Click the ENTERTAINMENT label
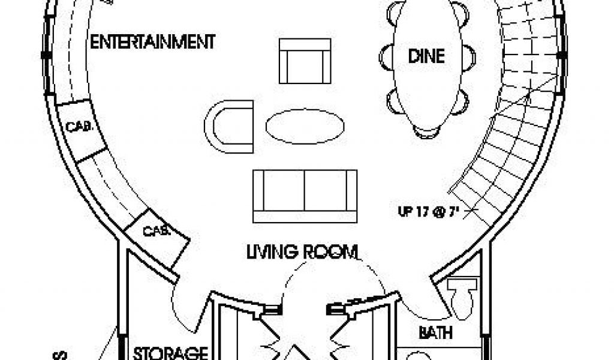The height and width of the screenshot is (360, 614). [152, 43]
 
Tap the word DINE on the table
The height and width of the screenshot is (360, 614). [426, 56]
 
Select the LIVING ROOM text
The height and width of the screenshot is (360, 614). [302, 251]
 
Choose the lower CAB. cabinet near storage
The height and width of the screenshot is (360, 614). [156, 230]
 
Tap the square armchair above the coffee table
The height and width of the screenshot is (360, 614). [305, 61]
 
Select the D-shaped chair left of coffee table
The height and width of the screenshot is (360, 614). [228, 124]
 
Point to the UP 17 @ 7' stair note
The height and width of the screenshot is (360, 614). [425, 211]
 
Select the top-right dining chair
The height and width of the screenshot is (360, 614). [460, 12]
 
